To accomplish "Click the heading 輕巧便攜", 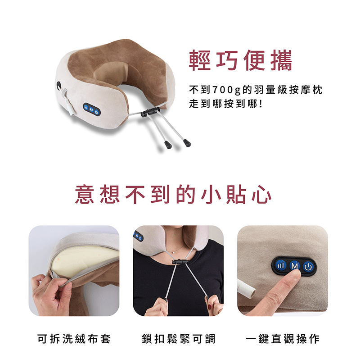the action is [x=240, y=60].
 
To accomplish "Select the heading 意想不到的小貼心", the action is [x=173, y=195].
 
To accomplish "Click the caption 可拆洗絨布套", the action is [x=74, y=339].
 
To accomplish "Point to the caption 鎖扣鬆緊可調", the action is [x=179, y=339].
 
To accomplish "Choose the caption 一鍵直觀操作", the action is [x=283, y=339].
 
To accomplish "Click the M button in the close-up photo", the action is [x=294, y=266].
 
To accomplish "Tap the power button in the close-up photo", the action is [x=308, y=267].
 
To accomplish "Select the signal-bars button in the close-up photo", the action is [x=281, y=265].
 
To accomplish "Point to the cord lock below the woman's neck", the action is [x=180, y=262].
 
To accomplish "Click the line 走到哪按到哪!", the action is [x=226, y=104].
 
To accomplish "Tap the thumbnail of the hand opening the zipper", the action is [x=74, y=271].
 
